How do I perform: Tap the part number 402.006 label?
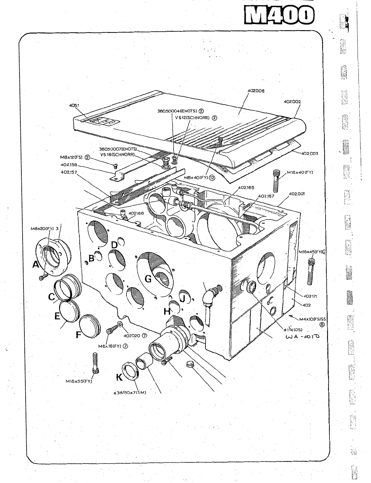256,91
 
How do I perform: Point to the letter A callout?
36,265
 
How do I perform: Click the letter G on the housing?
148,279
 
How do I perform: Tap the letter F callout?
78,335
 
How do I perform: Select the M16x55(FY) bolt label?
79,381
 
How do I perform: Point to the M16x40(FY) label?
300,172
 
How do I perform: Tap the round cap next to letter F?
90,325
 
